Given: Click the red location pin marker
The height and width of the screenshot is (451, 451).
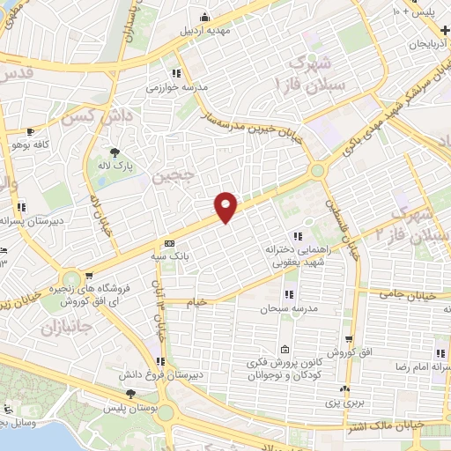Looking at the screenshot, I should point(226,206).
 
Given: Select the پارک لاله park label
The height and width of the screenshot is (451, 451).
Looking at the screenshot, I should point(114,166).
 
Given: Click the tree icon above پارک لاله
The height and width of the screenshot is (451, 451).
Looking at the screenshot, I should point(113,152).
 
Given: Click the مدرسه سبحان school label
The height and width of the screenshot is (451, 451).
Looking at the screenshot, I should point(284,310).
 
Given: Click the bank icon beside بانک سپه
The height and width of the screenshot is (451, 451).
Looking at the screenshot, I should point(169,244).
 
